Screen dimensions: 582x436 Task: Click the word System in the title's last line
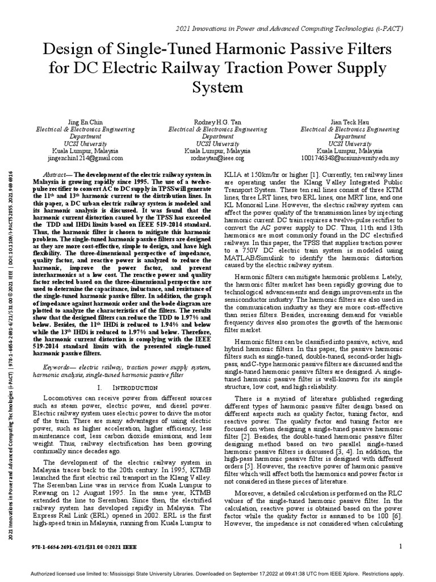218,88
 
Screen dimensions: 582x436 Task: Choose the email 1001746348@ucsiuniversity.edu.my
346,159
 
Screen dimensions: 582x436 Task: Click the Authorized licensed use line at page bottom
217,573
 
